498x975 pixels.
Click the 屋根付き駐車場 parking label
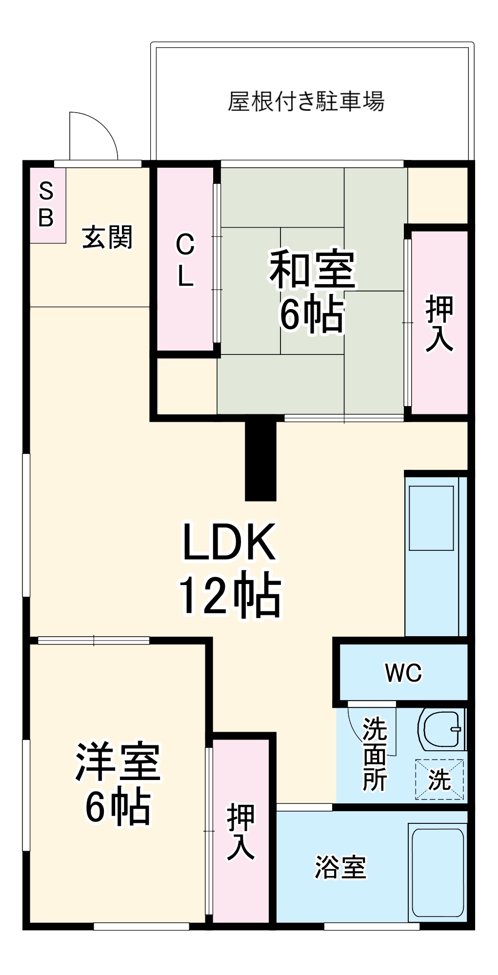(306, 101)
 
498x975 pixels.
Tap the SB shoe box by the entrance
(47, 205)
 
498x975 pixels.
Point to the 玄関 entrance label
(107, 237)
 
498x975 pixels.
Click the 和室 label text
(313, 269)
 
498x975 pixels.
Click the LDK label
(229, 542)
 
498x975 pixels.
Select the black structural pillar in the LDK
(260, 460)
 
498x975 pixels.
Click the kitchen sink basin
(431, 518)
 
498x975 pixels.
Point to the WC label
(403, 673)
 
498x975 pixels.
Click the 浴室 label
(340, 867)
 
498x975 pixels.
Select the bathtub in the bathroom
(438, 873)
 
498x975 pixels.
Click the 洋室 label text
(118, 762)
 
